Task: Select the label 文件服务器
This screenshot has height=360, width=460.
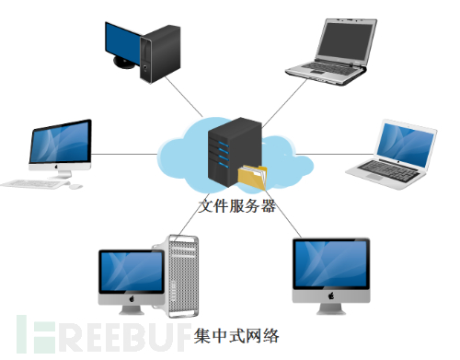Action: [236, 205]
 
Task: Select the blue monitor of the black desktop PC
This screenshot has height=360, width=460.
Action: [122, 41]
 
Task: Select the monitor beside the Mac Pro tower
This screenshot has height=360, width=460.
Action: [130, 274]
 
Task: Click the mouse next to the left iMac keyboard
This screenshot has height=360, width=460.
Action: [75, 185]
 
